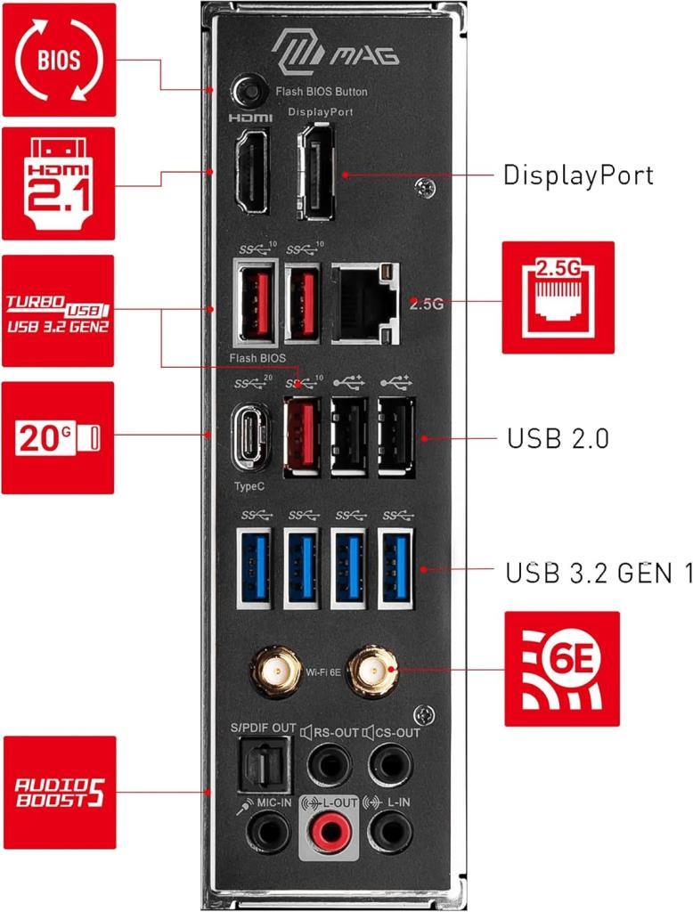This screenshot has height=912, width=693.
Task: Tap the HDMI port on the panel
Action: coord(251,172)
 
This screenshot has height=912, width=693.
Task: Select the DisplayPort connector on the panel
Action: coord(314,172)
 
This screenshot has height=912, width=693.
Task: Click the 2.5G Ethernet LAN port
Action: coord(364,302)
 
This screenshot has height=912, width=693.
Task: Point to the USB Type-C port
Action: coord(251,436)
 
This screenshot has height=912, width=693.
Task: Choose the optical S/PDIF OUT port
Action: coord(263,762)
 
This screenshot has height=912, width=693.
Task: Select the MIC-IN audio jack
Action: coord(265,833)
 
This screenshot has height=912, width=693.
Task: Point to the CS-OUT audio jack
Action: coord(388,762)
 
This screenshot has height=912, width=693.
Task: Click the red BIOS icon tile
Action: coord(59,60)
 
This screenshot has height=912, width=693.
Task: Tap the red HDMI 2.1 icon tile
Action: coord(59,183)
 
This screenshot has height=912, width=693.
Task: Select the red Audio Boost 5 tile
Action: coord(59,792)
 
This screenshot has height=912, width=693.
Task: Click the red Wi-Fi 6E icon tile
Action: coord(562,668)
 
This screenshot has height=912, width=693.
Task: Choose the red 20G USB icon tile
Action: coord(59,437)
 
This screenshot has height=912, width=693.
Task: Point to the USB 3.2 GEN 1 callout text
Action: coord(599,573)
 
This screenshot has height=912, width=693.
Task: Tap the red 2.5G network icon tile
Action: coord(558,297)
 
